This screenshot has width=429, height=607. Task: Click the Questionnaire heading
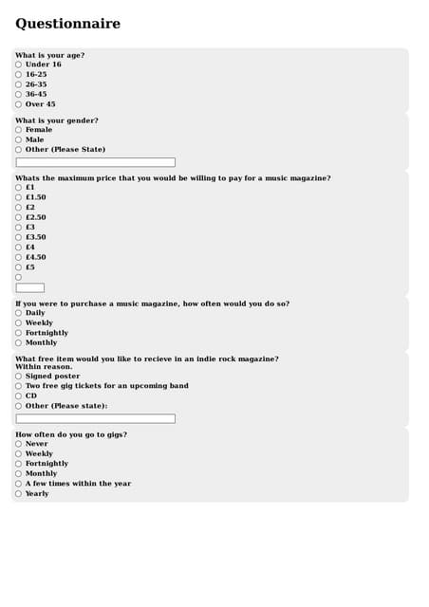point(67,24)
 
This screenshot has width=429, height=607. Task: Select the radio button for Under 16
point(18,64)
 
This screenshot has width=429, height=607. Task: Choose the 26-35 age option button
point(18,84)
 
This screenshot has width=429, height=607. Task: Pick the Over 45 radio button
point(18,104)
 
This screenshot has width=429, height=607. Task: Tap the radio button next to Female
point(18,130)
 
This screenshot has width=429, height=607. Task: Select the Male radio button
point(18,139)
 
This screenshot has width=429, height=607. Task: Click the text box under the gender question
point(96,162)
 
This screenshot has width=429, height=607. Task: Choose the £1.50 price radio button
point(18,197)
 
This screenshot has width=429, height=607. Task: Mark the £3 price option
point(18,228)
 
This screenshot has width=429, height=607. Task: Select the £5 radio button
point(18,267)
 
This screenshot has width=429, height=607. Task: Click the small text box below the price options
point(30,287)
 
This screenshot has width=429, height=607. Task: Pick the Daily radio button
point(18,313)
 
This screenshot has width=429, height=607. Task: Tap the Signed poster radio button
point(18,377)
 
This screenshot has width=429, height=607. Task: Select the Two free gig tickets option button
point(18,386)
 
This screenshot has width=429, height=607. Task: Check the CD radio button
point(18,396)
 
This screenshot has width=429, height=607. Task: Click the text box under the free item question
point(96,418)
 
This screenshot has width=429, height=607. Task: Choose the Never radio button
point(18,444)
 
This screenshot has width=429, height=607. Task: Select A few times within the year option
point(18,484)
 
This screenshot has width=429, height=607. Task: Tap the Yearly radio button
point(18,494)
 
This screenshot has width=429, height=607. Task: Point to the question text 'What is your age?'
point(49,55)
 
